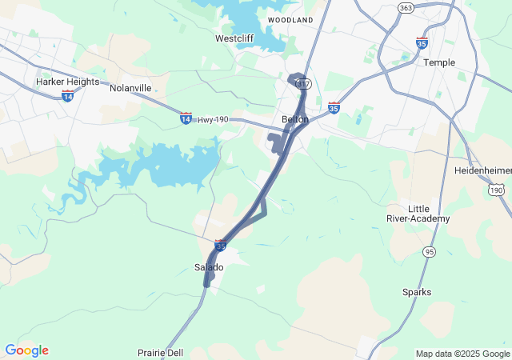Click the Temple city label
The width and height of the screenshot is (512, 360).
coord(439,62)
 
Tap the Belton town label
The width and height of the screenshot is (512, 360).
coord(295,119)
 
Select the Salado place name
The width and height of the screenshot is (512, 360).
coord(210,266)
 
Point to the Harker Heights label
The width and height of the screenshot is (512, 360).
coord(68,82)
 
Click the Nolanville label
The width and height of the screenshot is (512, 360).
coord(130,87)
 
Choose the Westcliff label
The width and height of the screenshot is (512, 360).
coord(235,38)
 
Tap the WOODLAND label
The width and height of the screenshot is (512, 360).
coord(290,18)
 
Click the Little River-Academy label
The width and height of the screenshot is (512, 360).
coord(429,213)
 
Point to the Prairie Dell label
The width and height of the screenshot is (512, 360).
coord(160,352)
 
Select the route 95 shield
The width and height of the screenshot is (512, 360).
coord(430,252)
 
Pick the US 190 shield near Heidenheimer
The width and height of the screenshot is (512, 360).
coord(496,190)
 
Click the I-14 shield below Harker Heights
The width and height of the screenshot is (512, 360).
coord(67,95)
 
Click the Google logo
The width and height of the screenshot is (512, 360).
coord(26,350)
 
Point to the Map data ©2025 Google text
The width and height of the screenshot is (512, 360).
coord(462,354)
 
